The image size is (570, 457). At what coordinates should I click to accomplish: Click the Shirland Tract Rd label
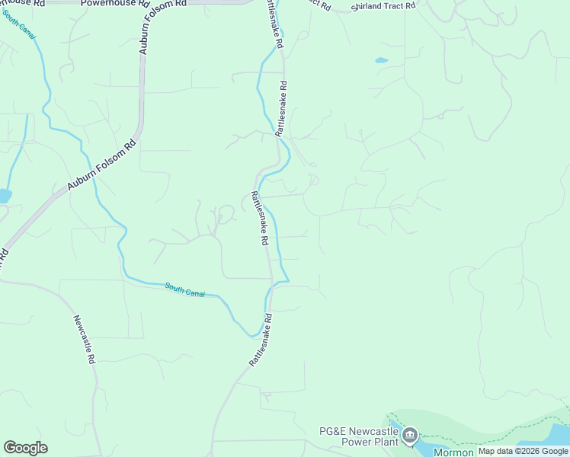point(384,7)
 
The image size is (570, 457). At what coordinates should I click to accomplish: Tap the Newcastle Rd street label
point(85,340)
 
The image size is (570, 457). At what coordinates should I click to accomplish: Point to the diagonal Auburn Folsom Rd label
point(101,163)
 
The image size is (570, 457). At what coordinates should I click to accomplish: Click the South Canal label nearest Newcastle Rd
point(184,290)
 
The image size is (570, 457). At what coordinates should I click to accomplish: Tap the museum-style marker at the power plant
point(410,435)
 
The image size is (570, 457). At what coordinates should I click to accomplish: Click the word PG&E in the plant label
point(332,432)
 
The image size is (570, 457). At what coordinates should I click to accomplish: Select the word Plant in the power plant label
point(383,443)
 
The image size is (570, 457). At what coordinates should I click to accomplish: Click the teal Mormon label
point(453,452)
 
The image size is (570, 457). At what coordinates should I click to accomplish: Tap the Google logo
point(25,448)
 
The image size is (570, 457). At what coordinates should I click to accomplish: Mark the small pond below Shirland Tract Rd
point(381,60)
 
